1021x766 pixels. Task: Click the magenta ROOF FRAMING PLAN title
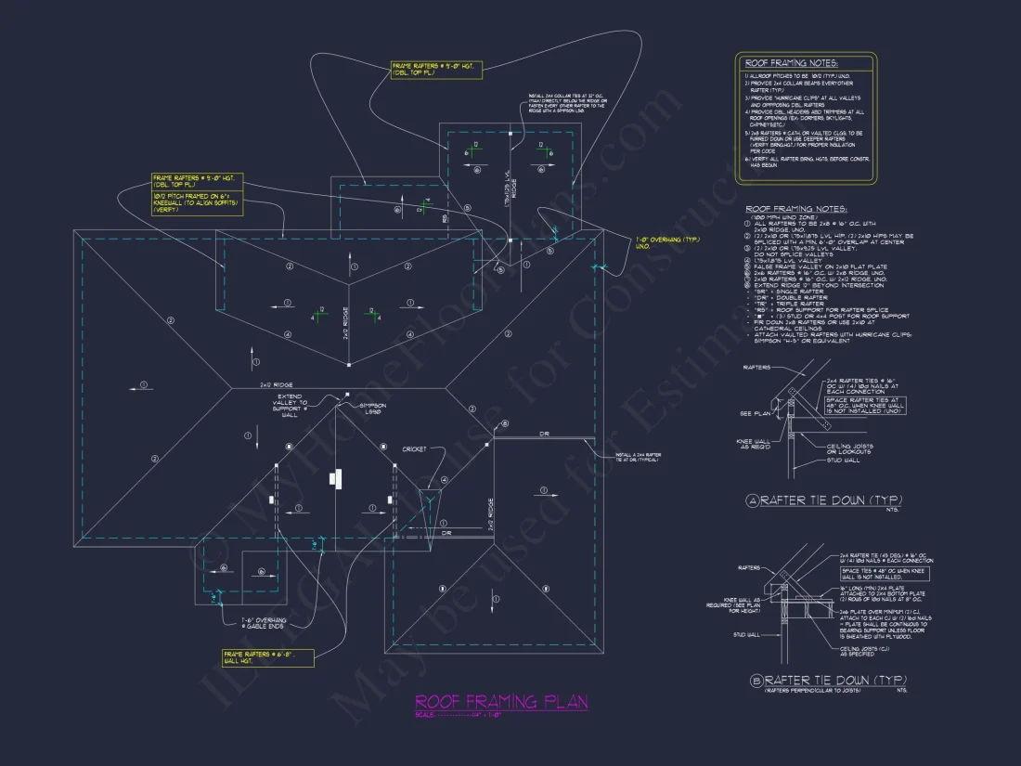coord(501,702)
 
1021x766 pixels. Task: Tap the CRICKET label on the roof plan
coord(414,449)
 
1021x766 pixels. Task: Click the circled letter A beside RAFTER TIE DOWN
coord(753,501)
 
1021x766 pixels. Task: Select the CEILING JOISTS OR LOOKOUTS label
coord(850,449)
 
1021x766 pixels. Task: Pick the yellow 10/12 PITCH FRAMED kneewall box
coord(198,204)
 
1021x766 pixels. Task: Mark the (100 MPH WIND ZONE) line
coord(779,217)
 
